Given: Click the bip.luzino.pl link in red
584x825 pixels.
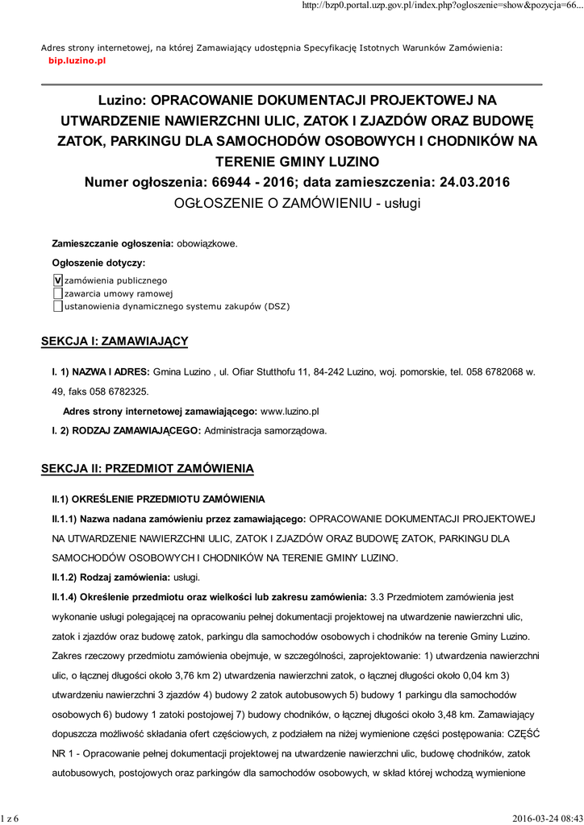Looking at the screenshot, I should click(77, 60).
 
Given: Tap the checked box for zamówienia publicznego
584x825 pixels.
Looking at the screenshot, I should click(57, 280).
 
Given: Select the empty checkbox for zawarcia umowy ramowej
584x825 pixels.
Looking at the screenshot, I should click(57, 293).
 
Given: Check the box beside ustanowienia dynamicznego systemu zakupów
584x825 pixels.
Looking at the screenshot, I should click(57, 306).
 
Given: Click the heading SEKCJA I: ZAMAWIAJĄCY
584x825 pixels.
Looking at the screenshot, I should click(114, 342).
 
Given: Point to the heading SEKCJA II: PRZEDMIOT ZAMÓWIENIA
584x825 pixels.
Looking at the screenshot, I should click(148, 467).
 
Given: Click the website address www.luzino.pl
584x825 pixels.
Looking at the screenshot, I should click(290, 411).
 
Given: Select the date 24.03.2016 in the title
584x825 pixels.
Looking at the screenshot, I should click(472, 182).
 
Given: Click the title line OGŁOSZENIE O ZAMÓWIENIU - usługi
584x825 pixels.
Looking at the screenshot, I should click(298, 203).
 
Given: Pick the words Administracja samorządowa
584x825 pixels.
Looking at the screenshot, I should click(265, 430).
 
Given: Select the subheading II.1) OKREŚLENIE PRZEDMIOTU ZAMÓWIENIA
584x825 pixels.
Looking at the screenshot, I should click(158, 500).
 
